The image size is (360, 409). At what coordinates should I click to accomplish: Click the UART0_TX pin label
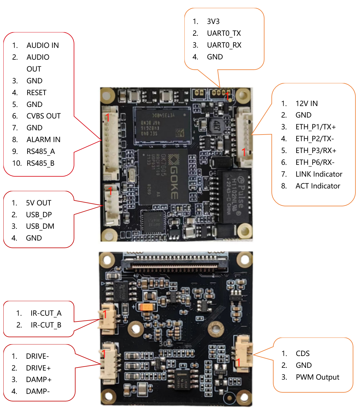224,33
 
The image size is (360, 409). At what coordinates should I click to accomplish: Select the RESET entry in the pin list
36,93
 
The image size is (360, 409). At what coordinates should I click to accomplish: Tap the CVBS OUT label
43,116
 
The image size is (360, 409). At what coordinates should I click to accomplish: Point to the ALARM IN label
43,140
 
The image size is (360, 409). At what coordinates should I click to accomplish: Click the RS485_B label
40,163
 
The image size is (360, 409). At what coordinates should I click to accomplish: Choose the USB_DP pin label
39,215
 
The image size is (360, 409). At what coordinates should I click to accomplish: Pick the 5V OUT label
39,203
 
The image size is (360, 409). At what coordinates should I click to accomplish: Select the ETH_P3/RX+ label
316,151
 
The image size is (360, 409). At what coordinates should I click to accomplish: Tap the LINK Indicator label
319,174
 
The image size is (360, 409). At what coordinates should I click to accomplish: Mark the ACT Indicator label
318,186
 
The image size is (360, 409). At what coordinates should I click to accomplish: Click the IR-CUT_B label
46,325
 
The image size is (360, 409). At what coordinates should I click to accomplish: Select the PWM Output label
317,377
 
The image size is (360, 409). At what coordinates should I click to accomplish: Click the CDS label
303,354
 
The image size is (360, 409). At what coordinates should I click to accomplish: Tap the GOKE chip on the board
163,177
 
